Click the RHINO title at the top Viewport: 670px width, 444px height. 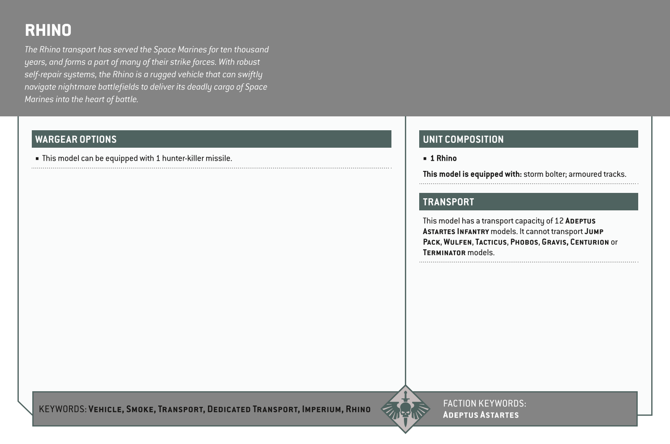coord(48,30)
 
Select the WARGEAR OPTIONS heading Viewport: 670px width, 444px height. coord(76,139)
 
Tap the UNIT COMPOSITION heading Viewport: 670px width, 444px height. coord(463,139)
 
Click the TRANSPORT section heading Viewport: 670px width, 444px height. coord(448,202)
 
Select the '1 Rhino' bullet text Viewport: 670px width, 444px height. coord(443,158)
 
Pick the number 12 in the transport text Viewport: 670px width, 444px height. coord(559,221)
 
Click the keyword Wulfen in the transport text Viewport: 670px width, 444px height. coord(457,242)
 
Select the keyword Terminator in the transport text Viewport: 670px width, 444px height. coord(444,253)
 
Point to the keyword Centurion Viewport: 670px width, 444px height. coord(589,242)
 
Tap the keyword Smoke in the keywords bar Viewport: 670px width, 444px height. coord(140,409)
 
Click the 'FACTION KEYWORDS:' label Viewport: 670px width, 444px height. coord(485,404)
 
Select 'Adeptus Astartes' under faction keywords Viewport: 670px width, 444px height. coord(481,415)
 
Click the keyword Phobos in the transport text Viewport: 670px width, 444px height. coord(524,242)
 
